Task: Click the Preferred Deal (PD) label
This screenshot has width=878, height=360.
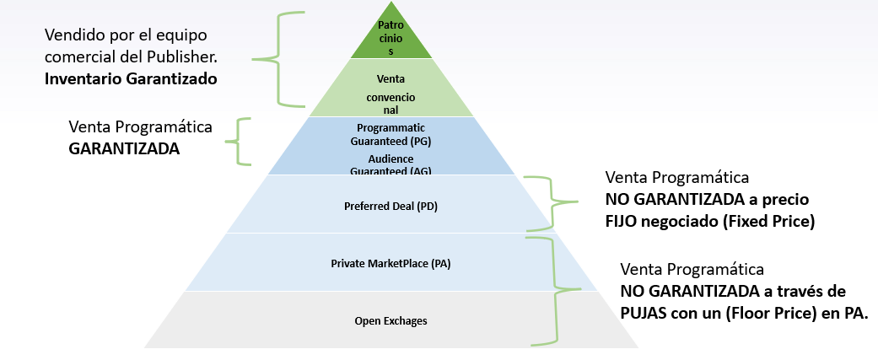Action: [391, 206]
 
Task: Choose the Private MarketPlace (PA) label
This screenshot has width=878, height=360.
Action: [391, 264]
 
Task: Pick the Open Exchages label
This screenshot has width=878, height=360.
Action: [391, 321]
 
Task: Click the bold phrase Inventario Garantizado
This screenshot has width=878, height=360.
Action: [131, 79]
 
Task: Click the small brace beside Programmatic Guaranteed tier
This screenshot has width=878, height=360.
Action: [243, 142]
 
